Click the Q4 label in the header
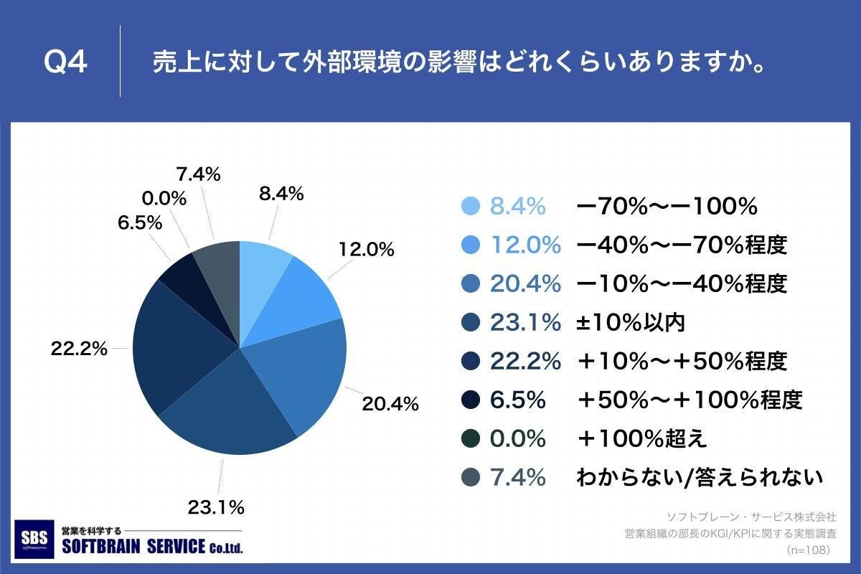(x=65, y=63)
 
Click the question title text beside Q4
(x=456, y=62)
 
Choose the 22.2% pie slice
(x=176, y=344)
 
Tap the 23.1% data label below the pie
(x=216, y=508)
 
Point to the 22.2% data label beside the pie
(x=79, y=349)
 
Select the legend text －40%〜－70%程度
(x=682, y=245)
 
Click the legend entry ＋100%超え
(x=642, y=438)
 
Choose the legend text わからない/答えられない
(x=699, y=477)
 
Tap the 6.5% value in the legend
(x=517, y=400)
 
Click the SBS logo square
(x=35, y=539)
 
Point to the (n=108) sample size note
(x=808, y=550)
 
